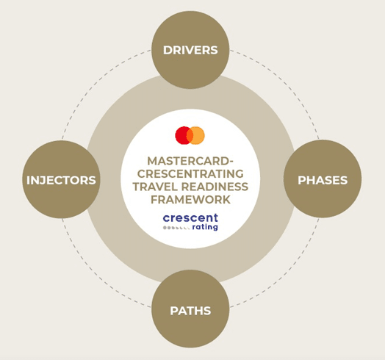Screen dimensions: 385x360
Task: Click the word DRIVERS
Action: pos(190,50)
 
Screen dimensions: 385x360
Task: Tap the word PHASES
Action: pos(323,180)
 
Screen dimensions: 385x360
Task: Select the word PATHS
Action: pos(190,311)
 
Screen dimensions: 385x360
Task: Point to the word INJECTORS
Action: pos(61,180)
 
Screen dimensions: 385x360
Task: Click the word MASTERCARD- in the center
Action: pos(190,161)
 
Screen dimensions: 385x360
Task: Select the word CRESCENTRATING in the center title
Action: pos(190,174)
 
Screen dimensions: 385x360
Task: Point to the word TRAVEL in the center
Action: pos(155,187)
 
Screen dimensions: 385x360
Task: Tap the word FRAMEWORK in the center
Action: pos(190,199)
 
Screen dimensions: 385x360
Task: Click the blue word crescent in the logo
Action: pos(190,217)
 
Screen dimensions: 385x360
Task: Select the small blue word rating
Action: pos(205,227)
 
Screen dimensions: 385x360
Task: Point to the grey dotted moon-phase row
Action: pos(176,228)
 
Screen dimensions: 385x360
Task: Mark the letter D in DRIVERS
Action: pos(168,50)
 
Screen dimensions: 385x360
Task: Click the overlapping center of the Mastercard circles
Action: pos(190,135)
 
